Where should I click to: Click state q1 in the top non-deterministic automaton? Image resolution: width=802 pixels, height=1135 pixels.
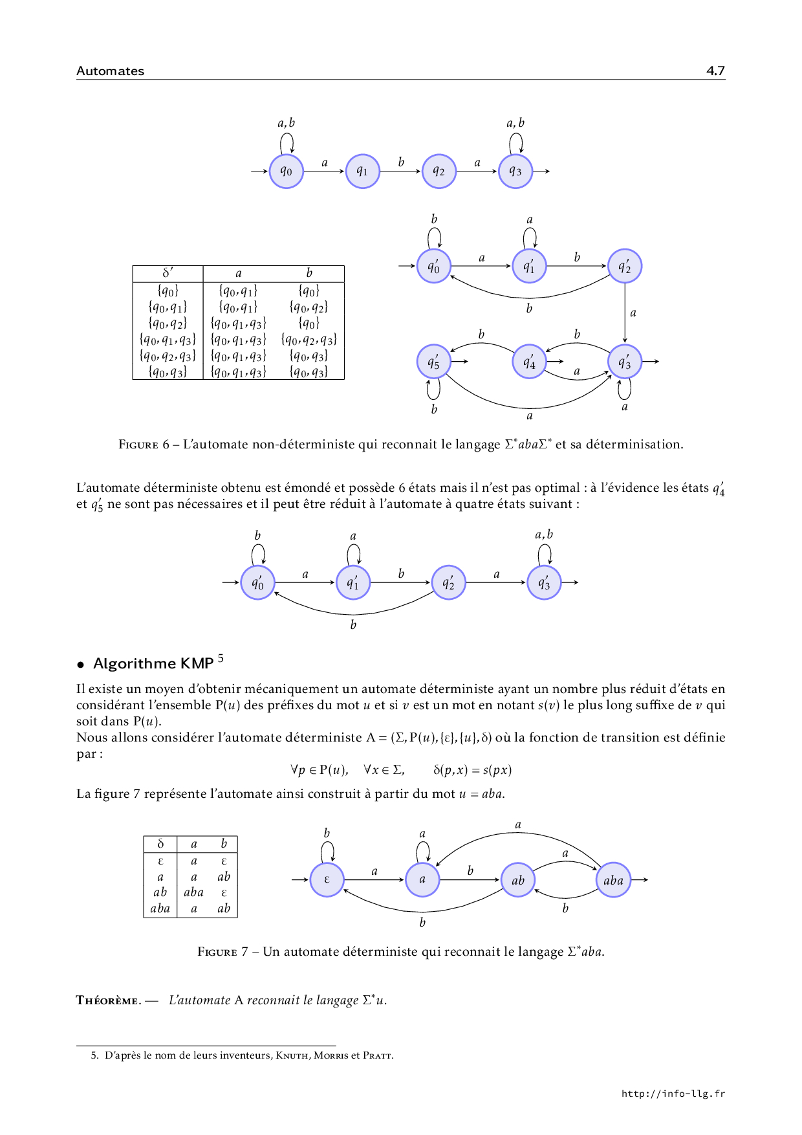click(x=362, y=171)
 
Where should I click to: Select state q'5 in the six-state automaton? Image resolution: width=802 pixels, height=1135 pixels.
click(x=433, y=362)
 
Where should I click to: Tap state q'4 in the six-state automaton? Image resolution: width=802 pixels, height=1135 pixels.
click(x=529, y=362)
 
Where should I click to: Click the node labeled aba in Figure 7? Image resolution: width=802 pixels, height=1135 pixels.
click(x=613, y=880)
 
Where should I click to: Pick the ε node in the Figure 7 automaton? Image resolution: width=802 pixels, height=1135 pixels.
click(x=327, y=880)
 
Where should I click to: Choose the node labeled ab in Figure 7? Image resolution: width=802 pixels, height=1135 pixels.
click(x=518, y=880)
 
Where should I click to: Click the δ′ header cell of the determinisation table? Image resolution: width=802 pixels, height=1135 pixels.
click(x=168, y=274)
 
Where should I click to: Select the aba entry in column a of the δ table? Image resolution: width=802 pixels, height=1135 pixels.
click(x=193, y=892)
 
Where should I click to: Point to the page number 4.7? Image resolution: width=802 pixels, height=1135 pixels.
click(x=715, y=71)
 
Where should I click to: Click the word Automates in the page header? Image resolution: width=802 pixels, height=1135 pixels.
click(x=110, y=71)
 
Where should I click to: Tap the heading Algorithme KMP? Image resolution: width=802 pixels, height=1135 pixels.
click(x=153, y=663)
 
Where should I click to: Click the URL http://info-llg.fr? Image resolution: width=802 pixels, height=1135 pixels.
click(x=673, y=1094)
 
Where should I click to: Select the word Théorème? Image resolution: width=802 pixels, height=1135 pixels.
click(x=107, y=1000)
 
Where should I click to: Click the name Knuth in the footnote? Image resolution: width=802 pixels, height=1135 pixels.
click(x=292, y=1055)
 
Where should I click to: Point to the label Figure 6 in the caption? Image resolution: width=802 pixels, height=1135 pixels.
click(x=144, y=445)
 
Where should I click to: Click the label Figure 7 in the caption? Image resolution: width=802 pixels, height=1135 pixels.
click(x=222, y=952)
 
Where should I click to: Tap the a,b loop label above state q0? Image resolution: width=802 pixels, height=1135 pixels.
click(x=286, y=123)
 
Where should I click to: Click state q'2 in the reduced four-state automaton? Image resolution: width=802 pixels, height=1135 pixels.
click(x=448, y=583)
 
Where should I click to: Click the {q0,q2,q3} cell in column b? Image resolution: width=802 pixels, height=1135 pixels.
click(x=309, y=339)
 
